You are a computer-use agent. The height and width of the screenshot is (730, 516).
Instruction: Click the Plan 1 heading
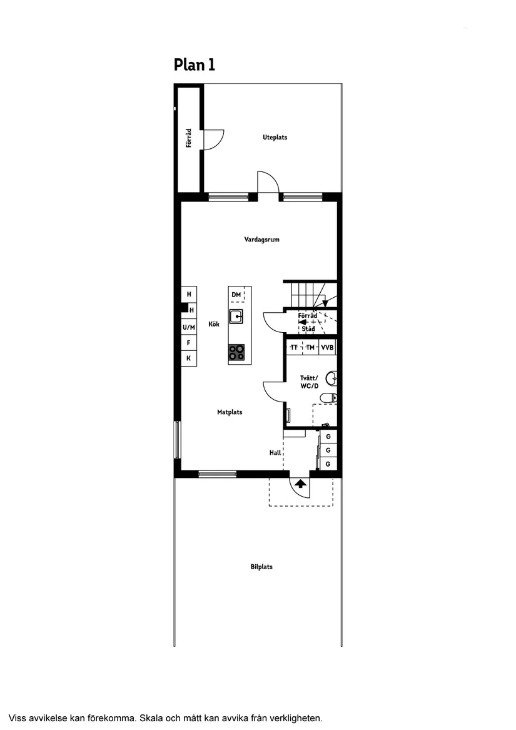coord(195,65)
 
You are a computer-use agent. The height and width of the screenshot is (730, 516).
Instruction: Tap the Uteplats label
coord(275,137)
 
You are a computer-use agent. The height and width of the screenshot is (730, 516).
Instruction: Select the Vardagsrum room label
coord(261,239)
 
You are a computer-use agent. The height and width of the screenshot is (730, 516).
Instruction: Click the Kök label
coord(214,325)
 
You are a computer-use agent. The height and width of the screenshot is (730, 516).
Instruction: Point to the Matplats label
coord(230,412)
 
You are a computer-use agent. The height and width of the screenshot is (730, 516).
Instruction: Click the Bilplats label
coord(261,567)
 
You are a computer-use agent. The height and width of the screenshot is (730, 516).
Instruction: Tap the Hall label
coord(275,452)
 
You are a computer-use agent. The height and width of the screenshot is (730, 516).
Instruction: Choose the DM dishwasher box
coord(236,295)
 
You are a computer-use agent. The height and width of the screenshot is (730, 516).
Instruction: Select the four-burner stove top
coord(236,352)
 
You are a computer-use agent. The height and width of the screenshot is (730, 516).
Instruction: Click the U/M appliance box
coord(189,327)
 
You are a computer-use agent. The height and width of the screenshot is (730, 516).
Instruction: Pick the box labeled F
coord(189,343)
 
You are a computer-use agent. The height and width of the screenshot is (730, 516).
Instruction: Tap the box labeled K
coord(189,358)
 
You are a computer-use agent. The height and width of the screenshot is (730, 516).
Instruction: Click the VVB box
coord(328,347)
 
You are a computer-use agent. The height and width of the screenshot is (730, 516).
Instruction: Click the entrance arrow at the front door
coord(300,483)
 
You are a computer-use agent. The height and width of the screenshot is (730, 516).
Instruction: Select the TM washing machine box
coord(310,347)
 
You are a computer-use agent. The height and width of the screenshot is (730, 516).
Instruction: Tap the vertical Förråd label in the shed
coord(188,138)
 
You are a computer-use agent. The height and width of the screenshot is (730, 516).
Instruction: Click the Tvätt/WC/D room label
coord(310,382)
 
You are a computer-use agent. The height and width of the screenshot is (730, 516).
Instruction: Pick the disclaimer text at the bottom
coord(166,717)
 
